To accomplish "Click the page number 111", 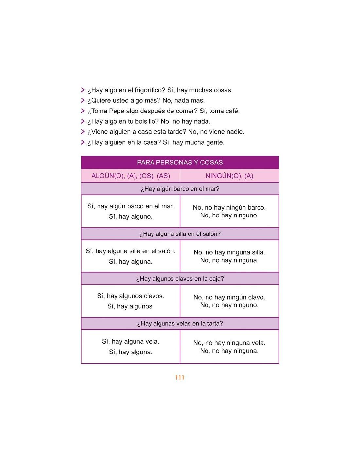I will (x=180, y=378).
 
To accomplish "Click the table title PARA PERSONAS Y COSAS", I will (x=180, y=163).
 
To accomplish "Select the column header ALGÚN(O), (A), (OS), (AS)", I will (x=131, y=176).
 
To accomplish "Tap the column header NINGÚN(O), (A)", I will (x=229, y=176).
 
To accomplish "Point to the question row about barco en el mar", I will (x=180, y=189).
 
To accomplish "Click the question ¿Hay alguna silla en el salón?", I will (x=180, y=234).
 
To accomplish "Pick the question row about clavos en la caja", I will (x=180, y=279).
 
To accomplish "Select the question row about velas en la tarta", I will (x=180, y=324).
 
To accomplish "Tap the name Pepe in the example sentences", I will (x=117, y=111).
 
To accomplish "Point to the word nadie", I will (x=235, y=132).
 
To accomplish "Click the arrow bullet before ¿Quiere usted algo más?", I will (x=83, y=101).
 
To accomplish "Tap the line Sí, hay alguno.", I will (x=131, y=217).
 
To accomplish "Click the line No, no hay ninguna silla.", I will (x=229, y=252).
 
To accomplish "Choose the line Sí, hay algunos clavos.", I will (x=131, y=296).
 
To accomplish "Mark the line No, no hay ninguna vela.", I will (x=229, y=343).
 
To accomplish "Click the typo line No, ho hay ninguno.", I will (x=229, y=215).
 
